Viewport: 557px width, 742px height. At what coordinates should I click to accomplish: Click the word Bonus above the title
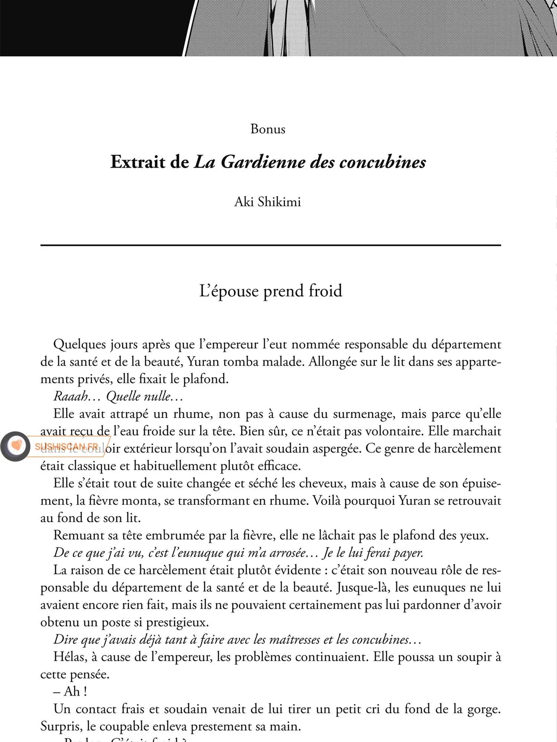point(268,129)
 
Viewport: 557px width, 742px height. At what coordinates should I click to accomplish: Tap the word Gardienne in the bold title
point(263,162)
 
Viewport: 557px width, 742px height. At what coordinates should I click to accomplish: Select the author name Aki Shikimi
point(267,202)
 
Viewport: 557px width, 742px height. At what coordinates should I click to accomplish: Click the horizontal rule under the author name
point(271,245)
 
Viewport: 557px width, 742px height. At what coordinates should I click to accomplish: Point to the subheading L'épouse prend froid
point(271,291)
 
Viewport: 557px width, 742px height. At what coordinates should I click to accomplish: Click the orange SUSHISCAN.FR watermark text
point(67,446)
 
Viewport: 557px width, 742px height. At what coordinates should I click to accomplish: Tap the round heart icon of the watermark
point(15,446)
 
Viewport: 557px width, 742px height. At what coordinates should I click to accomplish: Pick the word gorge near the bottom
point(483,709)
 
